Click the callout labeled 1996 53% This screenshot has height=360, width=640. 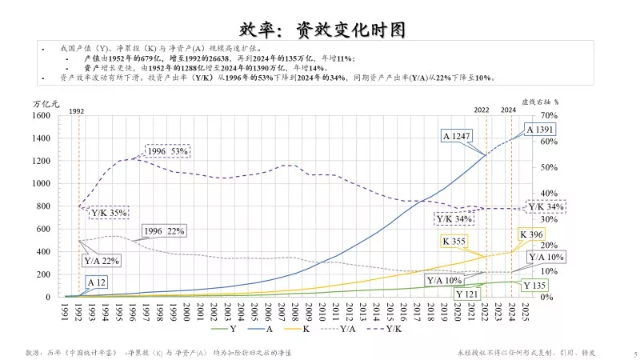pos(166,151)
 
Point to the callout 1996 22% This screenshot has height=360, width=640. pos(164,231)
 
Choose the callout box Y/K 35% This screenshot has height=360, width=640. pos(108,213)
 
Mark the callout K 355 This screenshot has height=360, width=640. pos(458,241)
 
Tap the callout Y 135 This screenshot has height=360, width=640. pos(534,286)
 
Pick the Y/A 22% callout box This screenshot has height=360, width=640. pos(101,260)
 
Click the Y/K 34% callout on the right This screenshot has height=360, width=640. pos(546,207)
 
